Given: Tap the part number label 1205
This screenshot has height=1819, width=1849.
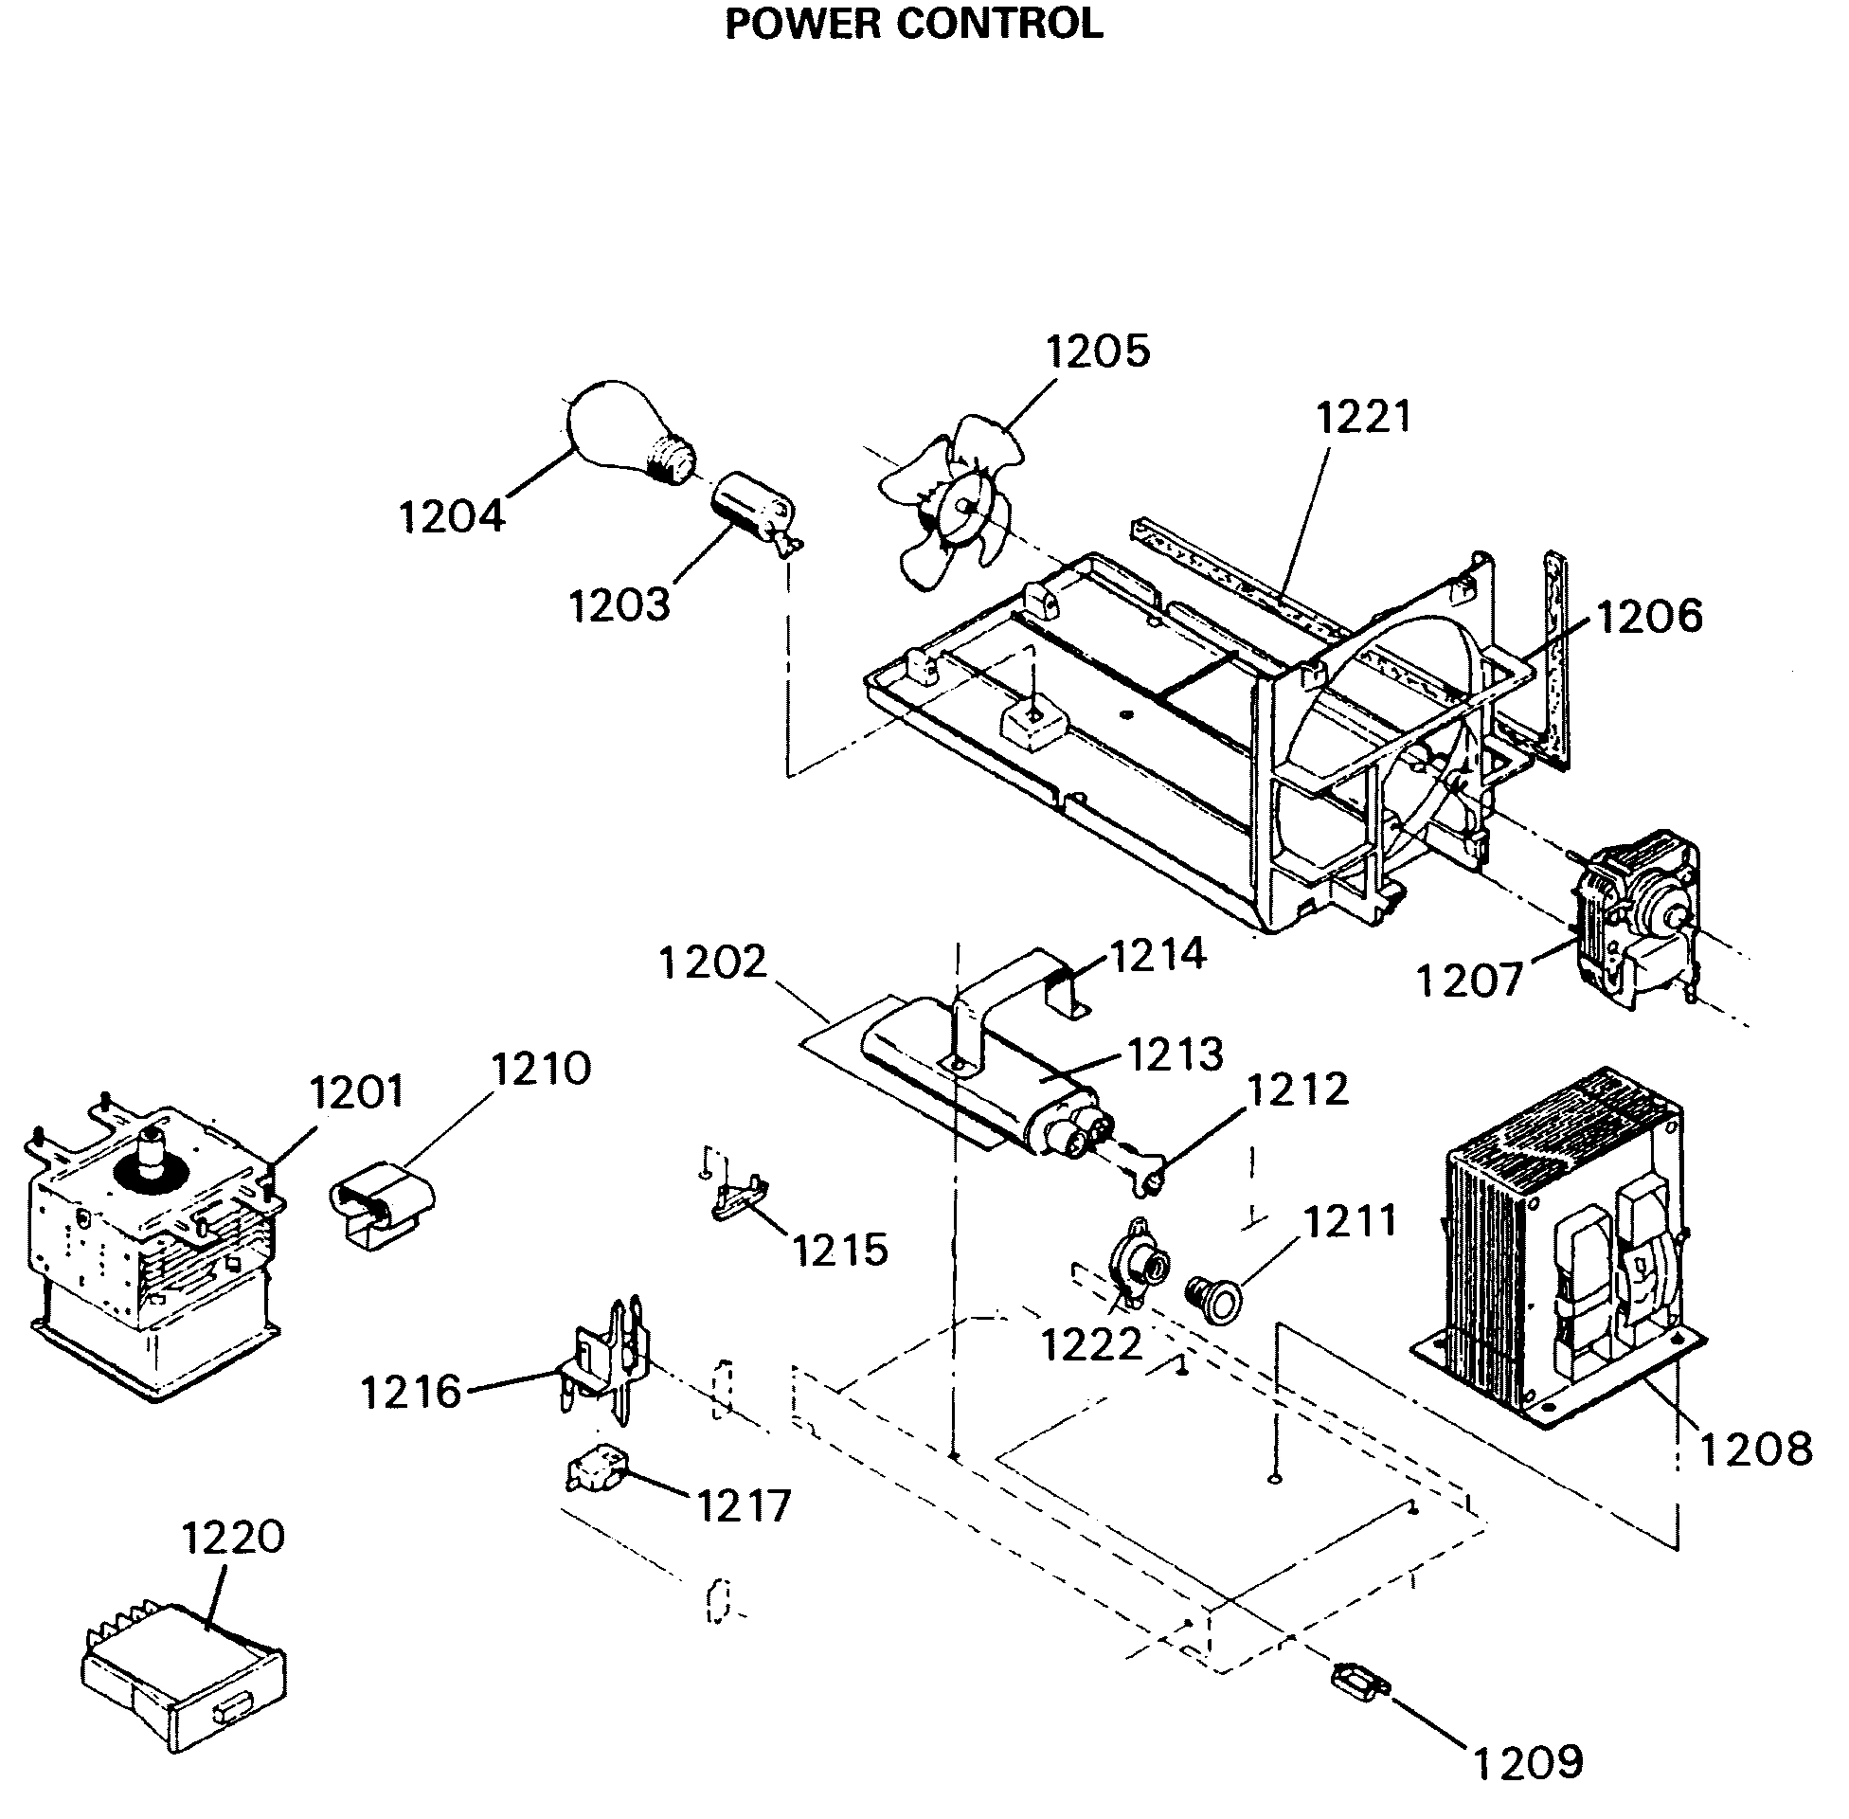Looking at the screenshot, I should (1096, 351).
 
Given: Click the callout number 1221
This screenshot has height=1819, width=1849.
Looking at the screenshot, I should (1362, 418).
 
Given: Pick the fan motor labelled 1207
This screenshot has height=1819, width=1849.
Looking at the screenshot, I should (1633, 917).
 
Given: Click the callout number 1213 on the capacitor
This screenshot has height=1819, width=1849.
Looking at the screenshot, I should (1174, 1054).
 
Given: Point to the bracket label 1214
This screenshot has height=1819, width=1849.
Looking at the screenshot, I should (1157, 954).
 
